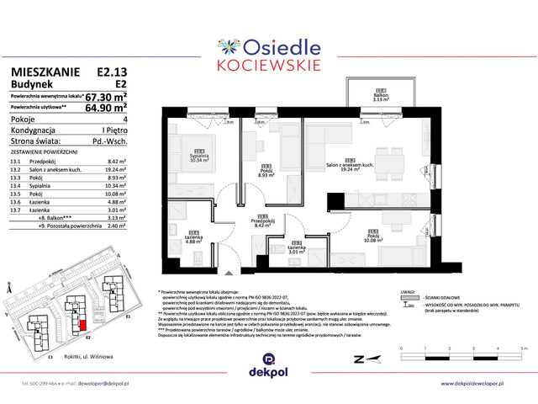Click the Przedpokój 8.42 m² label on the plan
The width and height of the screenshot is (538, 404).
(261, 223)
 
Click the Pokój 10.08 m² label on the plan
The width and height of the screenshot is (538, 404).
(372, 237)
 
